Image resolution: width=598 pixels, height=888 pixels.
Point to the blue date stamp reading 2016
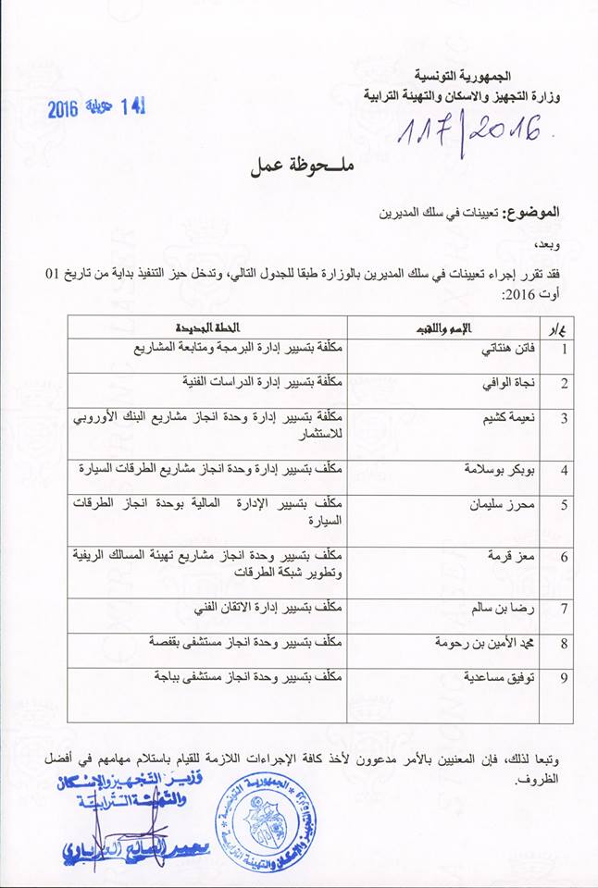tap(96, 107)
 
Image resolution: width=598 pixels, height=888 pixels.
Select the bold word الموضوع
tap(538, 213)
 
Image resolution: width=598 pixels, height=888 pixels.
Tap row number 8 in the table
tap(564, 644)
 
